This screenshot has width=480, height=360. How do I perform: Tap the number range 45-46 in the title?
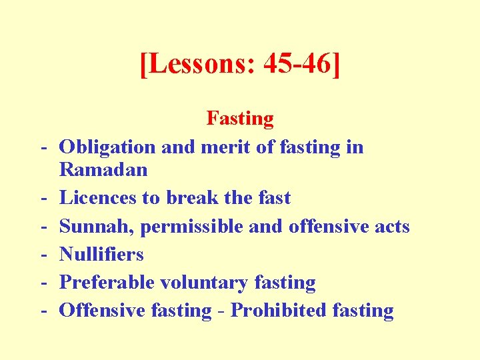[x=297, y=65]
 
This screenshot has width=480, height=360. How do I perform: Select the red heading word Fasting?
[x=240, y=119]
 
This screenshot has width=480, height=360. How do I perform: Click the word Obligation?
[x=107, y=147]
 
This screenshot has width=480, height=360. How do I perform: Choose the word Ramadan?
[x=103, y=169]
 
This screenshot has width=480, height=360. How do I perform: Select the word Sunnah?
[x=96, y=226]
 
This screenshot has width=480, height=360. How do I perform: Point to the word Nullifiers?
[x=101, y=254]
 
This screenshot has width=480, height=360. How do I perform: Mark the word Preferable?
[x=107, y=282]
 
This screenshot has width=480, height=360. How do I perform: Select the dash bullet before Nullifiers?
[x=42, y=254]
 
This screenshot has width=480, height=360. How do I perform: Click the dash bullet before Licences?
[x=42, y=198]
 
